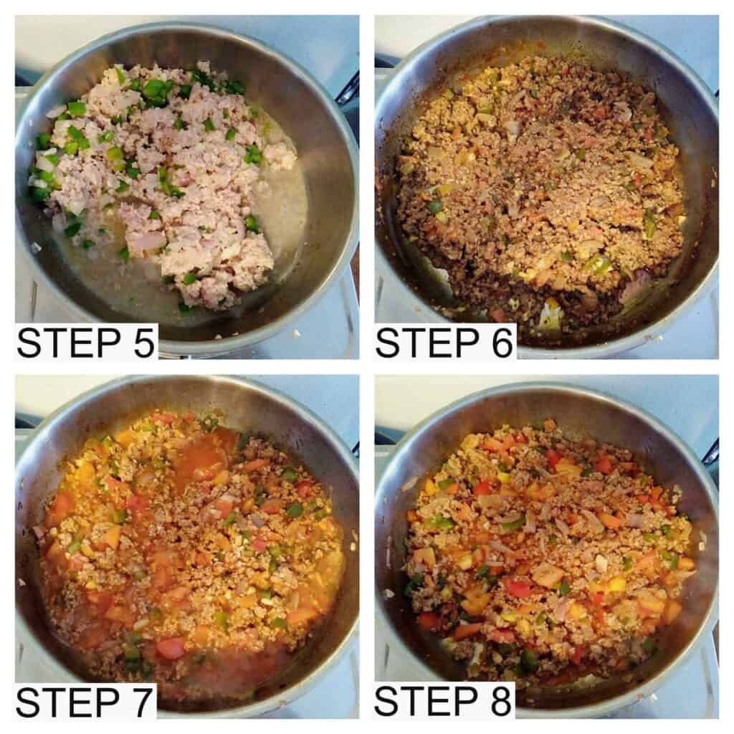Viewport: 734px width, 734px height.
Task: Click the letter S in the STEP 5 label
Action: [x=29, y=343]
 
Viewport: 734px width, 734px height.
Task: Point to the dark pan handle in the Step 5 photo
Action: [x=347, y=90]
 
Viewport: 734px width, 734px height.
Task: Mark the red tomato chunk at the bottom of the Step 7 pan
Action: [x=171, y=647]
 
